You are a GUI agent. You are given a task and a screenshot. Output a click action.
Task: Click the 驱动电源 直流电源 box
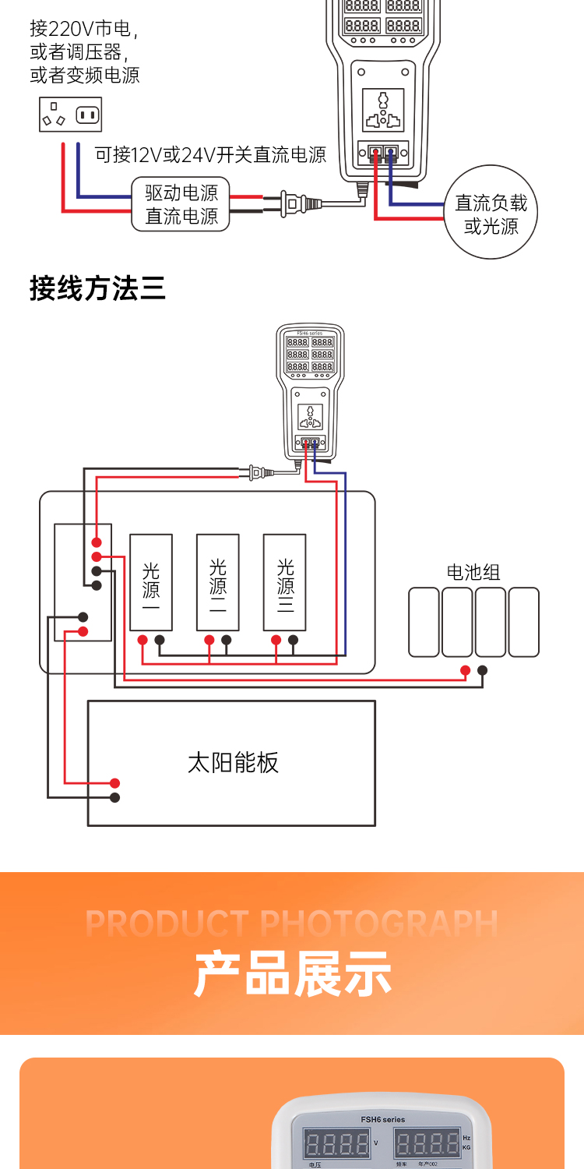(x=181, y=204)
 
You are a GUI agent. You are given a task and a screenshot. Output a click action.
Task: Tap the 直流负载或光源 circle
(x=491, y=214)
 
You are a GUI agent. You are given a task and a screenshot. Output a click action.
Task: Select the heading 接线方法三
(x=97, y=288)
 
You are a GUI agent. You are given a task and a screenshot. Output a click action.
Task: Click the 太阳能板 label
(x=233, y=762)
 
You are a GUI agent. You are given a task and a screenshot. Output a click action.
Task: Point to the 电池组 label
(x=473, y=572)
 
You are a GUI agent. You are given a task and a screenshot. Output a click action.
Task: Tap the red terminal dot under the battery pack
(x=465, y=670)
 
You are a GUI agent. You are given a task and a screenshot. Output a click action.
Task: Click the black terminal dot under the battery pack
(x=483, y=670)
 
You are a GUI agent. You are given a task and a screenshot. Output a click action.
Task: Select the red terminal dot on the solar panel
(x=114, y=783)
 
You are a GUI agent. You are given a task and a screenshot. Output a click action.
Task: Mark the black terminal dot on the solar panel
(x=114, y=797)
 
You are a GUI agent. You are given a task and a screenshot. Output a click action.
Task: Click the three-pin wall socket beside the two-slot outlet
(x=55, y=115)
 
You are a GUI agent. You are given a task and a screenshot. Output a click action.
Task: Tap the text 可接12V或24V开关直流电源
(x=210, y=154)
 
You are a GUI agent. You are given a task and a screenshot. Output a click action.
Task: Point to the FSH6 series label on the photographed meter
(x=383, y=1119)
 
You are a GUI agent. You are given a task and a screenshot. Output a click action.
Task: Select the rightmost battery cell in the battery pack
(x=523, y=622)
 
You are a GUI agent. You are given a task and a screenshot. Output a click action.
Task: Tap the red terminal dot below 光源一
(x=142, y=641)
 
